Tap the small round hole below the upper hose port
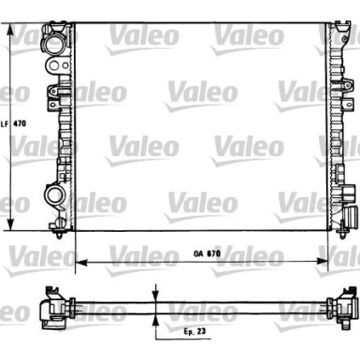click(x=58, y=66)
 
